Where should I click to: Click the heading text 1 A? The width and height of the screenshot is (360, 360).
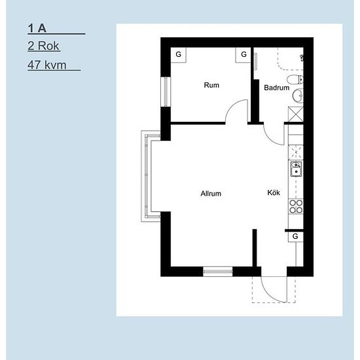click(37, 28)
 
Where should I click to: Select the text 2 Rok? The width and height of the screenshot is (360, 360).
click(44, 46)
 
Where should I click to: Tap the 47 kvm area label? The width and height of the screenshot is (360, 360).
click(47, 65)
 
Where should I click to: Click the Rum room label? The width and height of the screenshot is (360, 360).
click(211, 85)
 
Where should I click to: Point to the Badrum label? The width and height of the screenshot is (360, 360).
click(276, 88)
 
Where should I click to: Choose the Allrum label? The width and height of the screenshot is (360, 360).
click(211, 194)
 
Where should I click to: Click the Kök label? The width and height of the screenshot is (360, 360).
click(274, 192)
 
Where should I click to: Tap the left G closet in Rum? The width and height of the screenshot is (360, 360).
click(179, 54)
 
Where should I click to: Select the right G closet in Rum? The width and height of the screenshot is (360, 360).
click(243, 54)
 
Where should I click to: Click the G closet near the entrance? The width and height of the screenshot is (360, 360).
click(296, 236)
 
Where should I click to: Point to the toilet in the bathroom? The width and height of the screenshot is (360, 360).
click(295, 79)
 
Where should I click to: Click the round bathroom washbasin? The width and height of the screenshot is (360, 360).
click(298, 95)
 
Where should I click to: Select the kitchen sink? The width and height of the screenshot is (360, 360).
click(296, 169)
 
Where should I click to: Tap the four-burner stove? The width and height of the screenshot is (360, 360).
click(296, 206)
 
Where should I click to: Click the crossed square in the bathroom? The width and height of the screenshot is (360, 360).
click(296, 114)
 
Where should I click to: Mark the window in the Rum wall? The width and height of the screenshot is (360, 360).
click(166, 92)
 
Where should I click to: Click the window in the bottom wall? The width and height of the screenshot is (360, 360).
click(218, 272)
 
